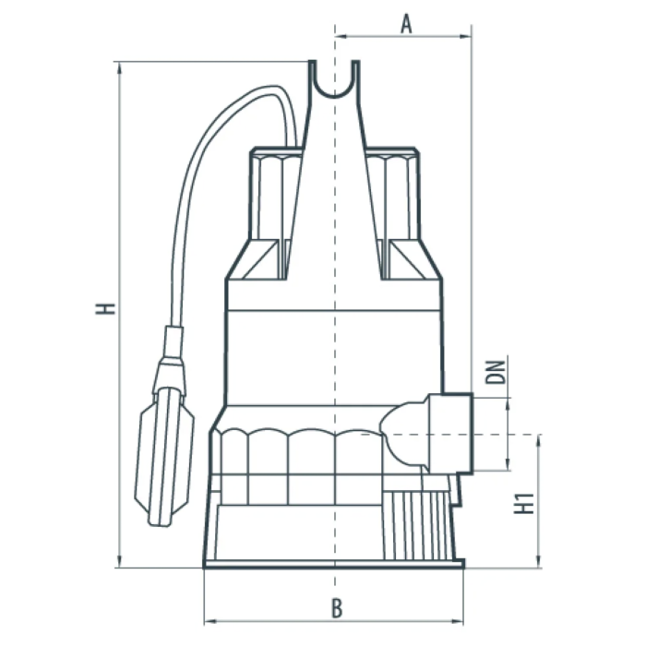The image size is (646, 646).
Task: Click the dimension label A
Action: pyautogui.click(x=406, y=24)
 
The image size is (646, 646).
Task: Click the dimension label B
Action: pyautogui.click(x=337, y=608)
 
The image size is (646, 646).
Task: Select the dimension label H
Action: pyautogui.click(x=105, y=308)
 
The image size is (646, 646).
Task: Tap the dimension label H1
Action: pyautogui.click(x=524, y=504)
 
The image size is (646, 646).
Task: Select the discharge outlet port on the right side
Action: pyautogui.click(x=450, y=434)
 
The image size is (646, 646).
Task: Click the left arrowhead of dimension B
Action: pyautogui.click(x=209, y=621)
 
